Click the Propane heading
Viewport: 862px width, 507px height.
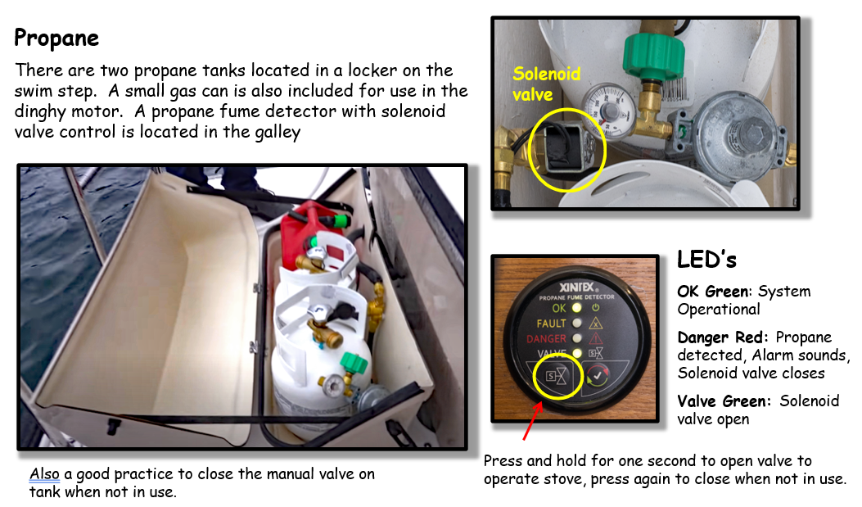[56, 38]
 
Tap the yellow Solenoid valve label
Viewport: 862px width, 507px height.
[547, 84]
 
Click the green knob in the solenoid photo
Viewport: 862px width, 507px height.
[653, 56]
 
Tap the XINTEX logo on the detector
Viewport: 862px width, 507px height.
[577, 287]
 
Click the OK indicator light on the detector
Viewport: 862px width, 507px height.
[576, 308]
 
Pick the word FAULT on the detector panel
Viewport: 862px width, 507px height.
[551, 324]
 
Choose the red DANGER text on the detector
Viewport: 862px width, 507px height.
[546, 339]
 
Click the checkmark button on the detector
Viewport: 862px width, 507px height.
[597, 376]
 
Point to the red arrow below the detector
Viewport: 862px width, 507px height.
[533, 421]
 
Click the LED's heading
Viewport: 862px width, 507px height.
[706, 260]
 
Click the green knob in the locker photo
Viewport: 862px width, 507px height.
[354, 364]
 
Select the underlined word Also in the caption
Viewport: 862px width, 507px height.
[44, 474]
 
